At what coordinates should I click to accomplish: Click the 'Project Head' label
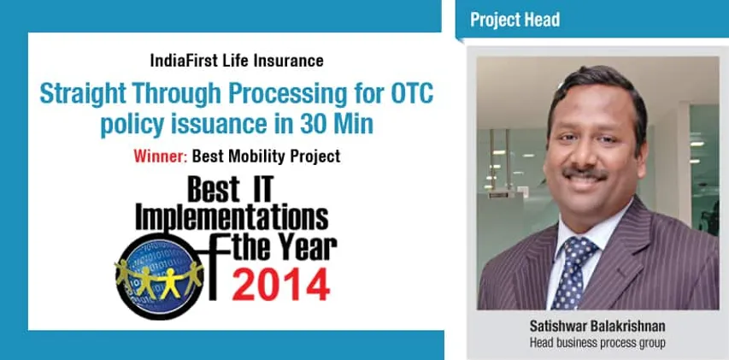(516, 20)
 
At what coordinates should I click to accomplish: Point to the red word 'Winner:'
(161, 156)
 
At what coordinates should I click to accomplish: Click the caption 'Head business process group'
(597, 342)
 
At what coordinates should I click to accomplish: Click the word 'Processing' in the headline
(294, 96)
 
